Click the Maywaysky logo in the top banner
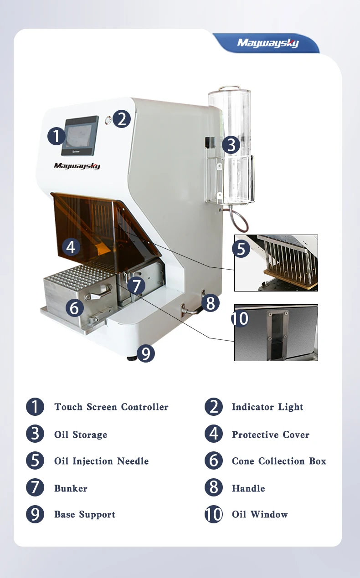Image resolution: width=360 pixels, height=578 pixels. point(267,44)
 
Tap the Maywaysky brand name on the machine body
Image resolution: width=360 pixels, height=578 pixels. point(77,166)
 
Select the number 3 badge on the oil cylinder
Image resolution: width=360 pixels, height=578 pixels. point(231,145)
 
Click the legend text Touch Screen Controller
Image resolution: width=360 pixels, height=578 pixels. point(111,407)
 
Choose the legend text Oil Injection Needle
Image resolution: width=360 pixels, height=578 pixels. point(101,461)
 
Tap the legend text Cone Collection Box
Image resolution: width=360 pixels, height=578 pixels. point(279,461)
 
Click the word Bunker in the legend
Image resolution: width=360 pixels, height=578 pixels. point(71,488)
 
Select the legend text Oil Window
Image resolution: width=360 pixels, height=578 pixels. point(260,515)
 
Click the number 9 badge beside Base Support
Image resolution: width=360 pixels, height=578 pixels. point(35,515)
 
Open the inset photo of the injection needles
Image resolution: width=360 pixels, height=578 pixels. point(276,263)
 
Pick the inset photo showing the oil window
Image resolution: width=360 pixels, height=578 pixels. point(276,332)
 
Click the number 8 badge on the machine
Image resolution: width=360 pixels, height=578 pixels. point(210,303)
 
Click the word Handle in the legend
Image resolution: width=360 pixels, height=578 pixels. point(248,488)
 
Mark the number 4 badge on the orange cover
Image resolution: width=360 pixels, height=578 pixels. point(70,247)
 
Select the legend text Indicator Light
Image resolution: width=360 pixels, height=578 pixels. point(267,407)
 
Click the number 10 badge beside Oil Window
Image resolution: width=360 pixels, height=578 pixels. point(214,515)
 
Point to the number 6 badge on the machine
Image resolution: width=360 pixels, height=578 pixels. point(75,308)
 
